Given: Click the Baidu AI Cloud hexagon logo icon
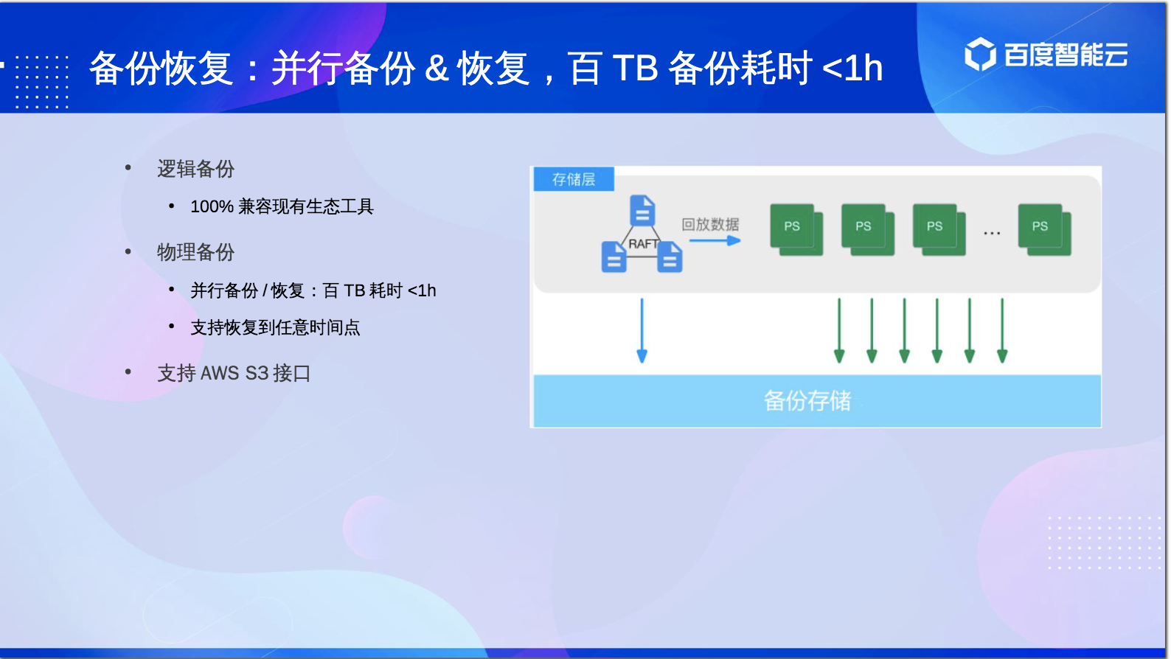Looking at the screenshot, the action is [980, 54].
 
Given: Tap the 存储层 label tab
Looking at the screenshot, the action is [574, 179].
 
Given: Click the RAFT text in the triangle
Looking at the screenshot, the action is [643, 243].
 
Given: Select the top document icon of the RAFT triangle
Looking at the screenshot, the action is [642, 210].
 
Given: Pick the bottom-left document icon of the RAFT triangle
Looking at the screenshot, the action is [614, 257].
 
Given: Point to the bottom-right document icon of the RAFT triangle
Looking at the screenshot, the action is [670, 257].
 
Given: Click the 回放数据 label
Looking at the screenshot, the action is [710, 225].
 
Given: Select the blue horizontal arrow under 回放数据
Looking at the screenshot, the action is [715, 240].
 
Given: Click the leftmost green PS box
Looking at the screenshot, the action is [796, 229].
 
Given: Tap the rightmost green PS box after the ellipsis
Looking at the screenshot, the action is [1044, 229].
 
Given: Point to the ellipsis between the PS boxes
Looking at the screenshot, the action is [992, 233].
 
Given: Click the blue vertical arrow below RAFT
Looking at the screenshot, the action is [642, 330].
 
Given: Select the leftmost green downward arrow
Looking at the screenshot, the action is [839, 330].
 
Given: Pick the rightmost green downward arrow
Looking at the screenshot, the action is [1002, 330].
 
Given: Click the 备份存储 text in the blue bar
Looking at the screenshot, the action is [807, 401].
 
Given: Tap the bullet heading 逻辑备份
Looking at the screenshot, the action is [195, 169].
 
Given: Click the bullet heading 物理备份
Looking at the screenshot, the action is [195, 252].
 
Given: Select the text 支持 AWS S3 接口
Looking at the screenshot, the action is [234, 373].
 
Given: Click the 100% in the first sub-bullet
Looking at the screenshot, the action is [212, 206].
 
